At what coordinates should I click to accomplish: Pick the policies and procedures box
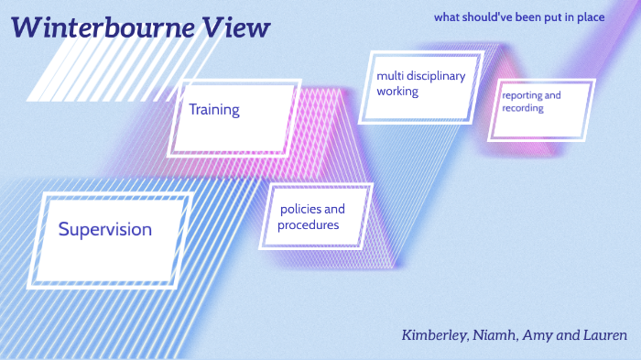[x=316, y=216]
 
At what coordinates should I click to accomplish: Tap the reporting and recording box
[x=538, y=110]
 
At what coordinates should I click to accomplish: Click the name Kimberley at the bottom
[x=434, y=334]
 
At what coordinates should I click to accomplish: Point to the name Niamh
[x=495, y=334]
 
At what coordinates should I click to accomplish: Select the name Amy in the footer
[x=540, y=335]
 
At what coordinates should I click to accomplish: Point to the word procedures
[x=309, y=225]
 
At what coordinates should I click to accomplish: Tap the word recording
[x=523, y=108]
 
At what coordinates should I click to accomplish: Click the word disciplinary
[x=435, y=76]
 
